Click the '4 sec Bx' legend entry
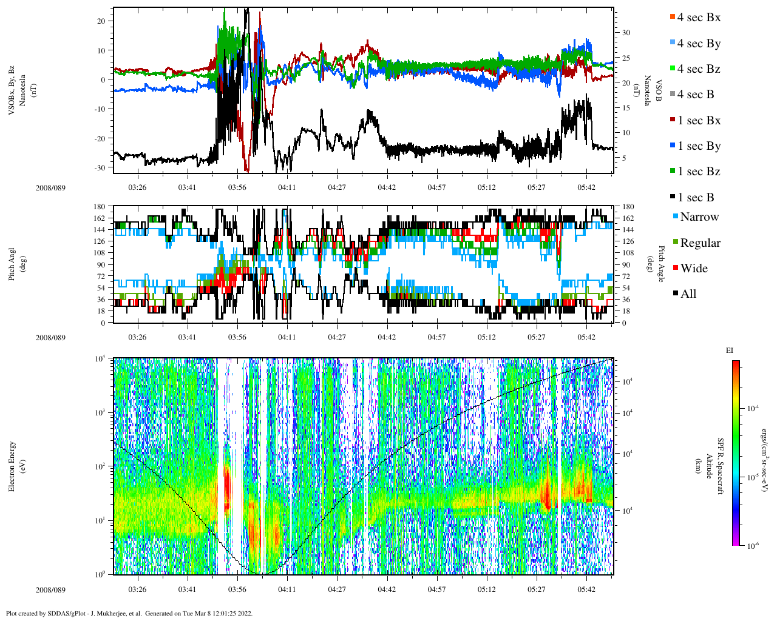tap(698, 18)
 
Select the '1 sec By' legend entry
tap(699, 146)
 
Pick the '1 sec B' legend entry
tap(696, 198)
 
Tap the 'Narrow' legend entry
tap(699, 217)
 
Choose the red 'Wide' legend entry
tap(693, 269)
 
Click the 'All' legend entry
tap(688, 294)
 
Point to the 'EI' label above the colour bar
tap(730, 351)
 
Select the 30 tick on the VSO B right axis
tap(625, 33)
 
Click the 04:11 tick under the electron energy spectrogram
tap(287, 589)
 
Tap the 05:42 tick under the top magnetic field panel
tap(586, 187)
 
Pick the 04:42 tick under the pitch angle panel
tap(387, 337)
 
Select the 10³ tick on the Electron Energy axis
tap(100, 412)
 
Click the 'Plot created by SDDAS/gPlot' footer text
tap(129, 613)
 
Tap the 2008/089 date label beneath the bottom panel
tap(50, 589)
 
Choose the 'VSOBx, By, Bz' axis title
tap(12, 91)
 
